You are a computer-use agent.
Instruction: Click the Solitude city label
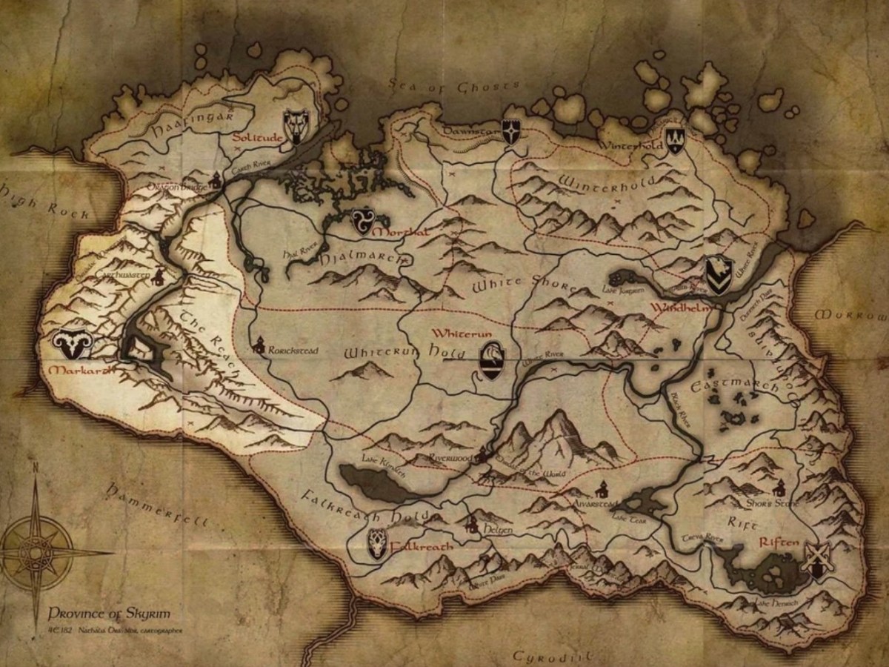(256, 139)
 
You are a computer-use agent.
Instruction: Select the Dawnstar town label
(468, 131)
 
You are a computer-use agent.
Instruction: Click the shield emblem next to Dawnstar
(511, 131)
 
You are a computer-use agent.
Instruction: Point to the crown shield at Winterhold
(674, 139)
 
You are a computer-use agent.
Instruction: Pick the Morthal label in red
(400, 233)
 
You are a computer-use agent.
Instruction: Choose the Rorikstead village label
(293, 349)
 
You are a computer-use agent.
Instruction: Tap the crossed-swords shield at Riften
(816, 560)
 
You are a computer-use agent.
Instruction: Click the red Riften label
(779, 542)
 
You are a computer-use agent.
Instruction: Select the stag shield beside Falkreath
(377, 545)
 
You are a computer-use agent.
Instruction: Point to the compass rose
(36, 552)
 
